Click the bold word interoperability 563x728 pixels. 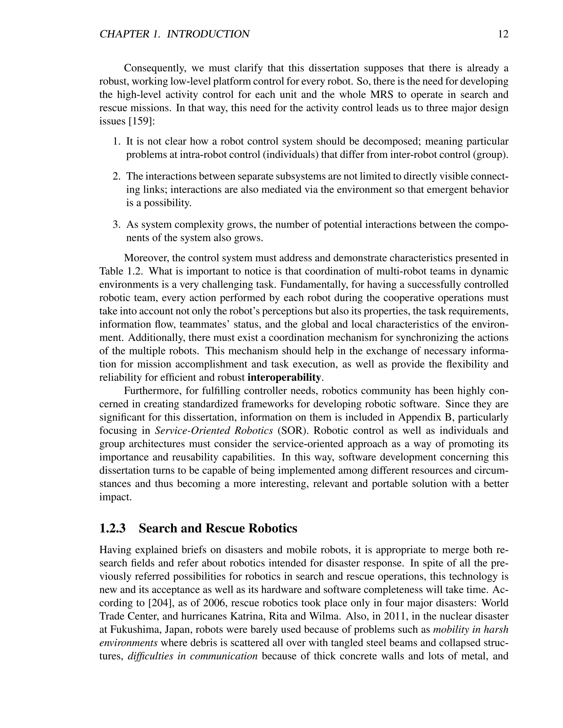[x=284, y=377]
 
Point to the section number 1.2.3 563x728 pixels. [x=112, y=528]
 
